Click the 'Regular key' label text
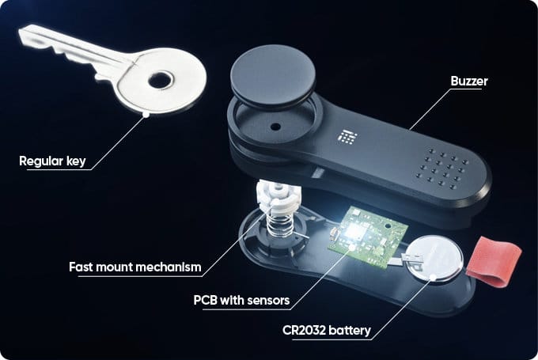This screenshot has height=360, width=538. pyautogui.click(x=53, y=162)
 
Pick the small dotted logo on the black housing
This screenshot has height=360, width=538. pyautogui.click(x=347, y=137)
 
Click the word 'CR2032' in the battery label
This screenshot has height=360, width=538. pyautogui.click(x=304, y=330)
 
